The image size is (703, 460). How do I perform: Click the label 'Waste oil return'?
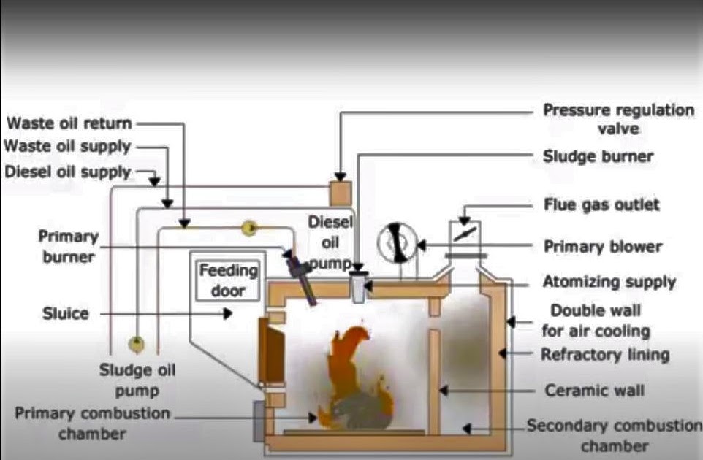click(69, 123)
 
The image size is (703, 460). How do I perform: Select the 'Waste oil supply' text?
click(67, 146)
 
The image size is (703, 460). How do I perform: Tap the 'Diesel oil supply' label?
click(67, 172)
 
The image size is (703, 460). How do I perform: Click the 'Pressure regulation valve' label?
click(617, 119)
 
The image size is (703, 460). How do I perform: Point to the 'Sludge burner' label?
click(598, 156)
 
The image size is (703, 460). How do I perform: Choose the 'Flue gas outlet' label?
click(601, 204)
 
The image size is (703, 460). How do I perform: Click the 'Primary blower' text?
click(602, 246)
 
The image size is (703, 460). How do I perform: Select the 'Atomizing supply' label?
click(609, 281)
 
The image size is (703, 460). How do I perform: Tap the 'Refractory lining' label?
click(605, 355)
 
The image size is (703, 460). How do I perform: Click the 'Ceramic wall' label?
click(594, 390)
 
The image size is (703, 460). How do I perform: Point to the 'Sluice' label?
click(65, 313)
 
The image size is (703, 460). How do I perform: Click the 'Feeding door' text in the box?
click(229, 279)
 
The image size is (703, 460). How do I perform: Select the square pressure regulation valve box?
click(341, 191)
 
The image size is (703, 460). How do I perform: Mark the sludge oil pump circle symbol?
click(135, 343)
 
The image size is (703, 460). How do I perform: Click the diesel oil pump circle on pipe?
click(249, 229)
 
